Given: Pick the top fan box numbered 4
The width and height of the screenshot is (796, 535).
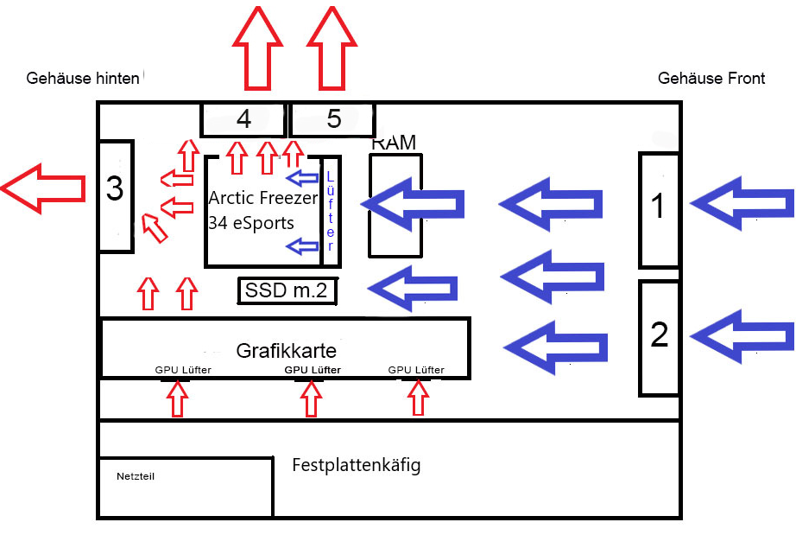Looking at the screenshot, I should (x=243, y=119).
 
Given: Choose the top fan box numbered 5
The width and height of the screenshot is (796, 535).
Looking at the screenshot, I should (x=333, y=119).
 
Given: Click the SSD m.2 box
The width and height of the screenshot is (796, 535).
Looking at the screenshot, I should (x=287, y=291).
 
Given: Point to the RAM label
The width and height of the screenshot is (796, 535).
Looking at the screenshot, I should (x=394, y=143).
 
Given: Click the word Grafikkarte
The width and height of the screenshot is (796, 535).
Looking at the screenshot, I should (x=286, y=352).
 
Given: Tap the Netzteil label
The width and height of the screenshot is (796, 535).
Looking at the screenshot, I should (x=136, y=476).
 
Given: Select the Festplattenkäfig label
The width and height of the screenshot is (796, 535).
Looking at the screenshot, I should (x=356, y=466).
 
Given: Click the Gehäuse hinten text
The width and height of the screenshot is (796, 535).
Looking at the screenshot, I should (x=83, y=79).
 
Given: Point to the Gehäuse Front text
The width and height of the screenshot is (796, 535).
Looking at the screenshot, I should (x=711, y=79).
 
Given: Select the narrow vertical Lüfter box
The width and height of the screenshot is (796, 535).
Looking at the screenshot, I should (x=330, y=211).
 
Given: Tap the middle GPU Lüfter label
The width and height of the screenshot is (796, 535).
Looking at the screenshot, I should (x=313, y=370).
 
